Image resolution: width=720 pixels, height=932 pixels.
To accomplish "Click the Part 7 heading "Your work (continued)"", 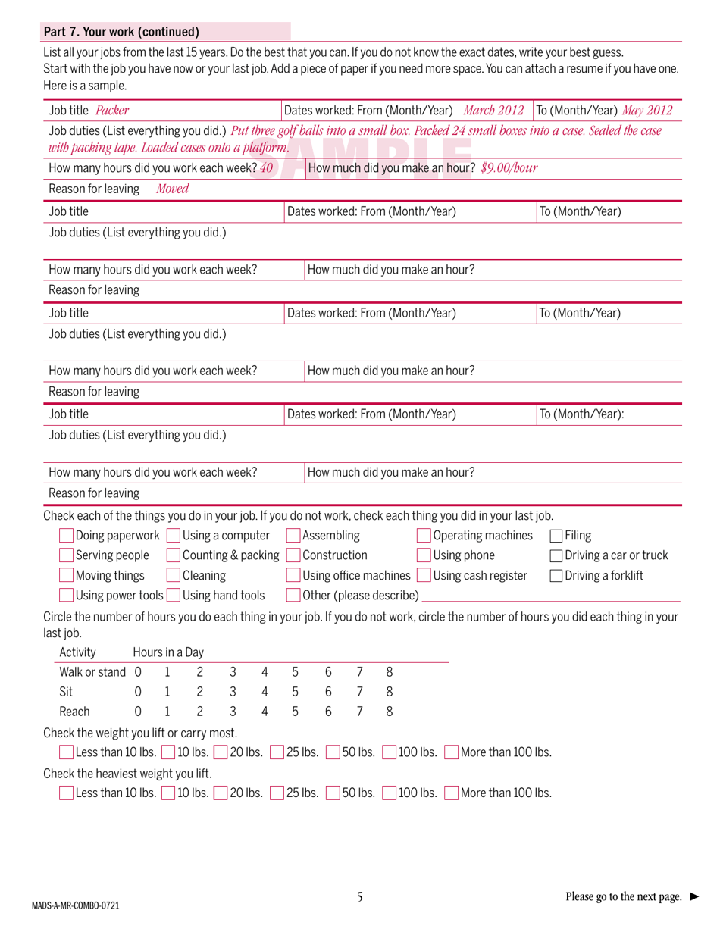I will (x=121, y=32).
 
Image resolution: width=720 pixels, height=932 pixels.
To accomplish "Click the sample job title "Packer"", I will (x=112, y=110).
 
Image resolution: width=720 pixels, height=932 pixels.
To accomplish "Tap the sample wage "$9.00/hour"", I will (x=509, y=167).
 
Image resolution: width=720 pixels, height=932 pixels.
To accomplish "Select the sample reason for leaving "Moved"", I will (x=172, y=189).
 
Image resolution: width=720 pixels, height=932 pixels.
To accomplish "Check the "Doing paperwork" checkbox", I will (x=67, y=536).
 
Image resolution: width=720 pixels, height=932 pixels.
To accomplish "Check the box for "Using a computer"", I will (x=174, y=536).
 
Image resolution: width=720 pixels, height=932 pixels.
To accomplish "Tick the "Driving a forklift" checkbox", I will (x=556, y=576).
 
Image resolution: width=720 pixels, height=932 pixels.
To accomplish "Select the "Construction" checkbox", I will (x=293, y=555).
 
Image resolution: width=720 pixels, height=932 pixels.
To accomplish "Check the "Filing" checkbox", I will (x=556, y=536).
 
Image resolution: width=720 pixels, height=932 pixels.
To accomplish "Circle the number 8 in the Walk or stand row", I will (x=390, y=671).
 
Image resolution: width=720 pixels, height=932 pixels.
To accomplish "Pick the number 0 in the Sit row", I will (x=137, y=692).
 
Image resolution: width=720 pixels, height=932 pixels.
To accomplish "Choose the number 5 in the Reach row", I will (x=295, y=712).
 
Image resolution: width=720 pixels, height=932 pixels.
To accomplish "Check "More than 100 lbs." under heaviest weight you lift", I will (x=451, y=793).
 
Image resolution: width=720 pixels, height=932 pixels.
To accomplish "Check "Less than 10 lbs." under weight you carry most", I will (x=67, y=752).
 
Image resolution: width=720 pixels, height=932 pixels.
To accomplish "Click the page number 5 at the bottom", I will (x=360, y=897).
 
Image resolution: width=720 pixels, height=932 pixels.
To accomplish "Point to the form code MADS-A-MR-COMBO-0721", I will (x=75, y=905).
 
